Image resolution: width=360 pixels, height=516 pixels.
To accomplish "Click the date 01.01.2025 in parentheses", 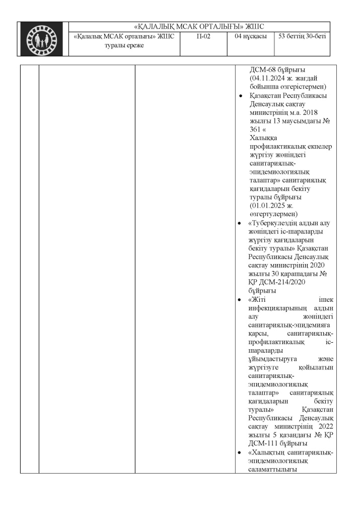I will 269,206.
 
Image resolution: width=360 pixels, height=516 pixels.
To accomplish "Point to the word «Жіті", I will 258,299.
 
